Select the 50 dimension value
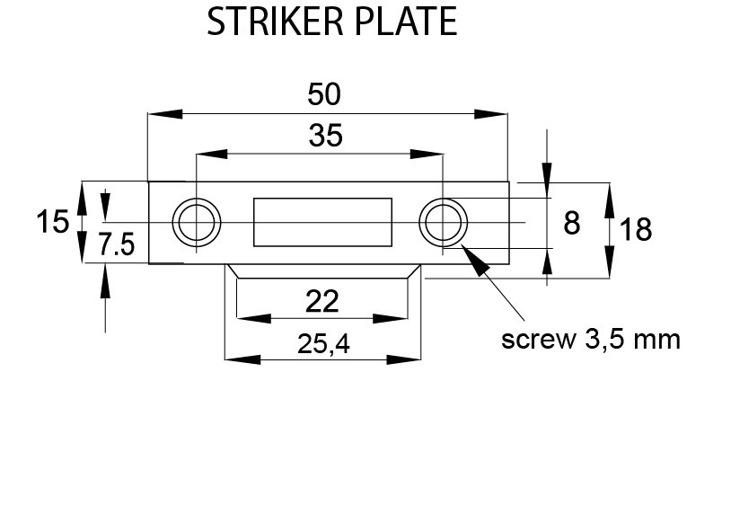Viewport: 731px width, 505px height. [324, 93]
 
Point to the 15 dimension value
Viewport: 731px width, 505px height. [53, 221]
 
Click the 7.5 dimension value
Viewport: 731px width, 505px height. [117, 245]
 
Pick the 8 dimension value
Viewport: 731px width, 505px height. [571, 223]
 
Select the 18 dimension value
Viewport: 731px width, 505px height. [635, 230]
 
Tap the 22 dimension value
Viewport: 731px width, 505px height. [321, 302]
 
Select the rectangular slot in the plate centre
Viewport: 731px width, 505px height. [322, 221]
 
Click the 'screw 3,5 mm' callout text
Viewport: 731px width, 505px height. [591, 341]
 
